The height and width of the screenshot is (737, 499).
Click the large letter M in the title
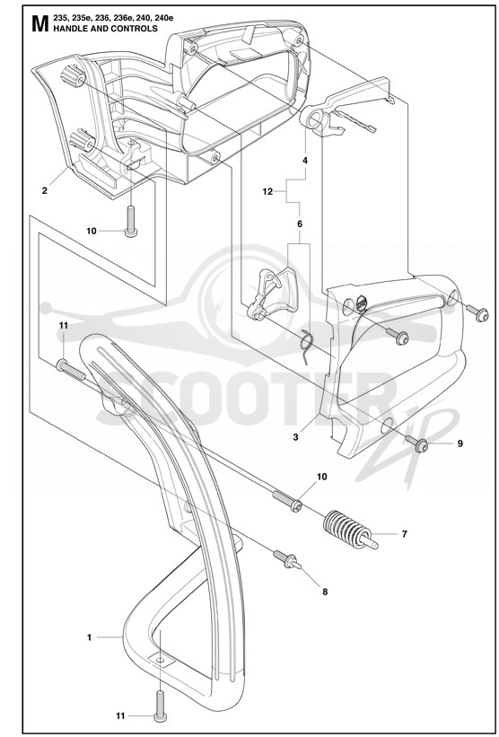point(40,24)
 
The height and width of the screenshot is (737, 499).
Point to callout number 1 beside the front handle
point(89,637)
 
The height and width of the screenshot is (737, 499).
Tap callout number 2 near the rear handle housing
point(45,190)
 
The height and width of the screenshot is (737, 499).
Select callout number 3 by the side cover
point(295,437)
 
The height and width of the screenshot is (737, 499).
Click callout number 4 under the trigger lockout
point(305,161)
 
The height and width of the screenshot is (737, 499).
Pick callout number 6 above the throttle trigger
point(300,224)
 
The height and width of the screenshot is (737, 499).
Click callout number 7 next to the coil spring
point(404,534)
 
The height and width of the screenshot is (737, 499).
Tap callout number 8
point(325,592)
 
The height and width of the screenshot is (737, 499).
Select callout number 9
point(460,443)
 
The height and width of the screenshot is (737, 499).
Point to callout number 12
point(267,191)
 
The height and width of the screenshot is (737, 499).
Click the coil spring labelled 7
point(351,531)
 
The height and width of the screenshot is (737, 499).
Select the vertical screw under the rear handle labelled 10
point(131,222)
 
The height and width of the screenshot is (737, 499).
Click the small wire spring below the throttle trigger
point(306,346)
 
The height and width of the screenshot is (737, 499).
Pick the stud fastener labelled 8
point(287,559)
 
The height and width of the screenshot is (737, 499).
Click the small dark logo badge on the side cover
point(363,303)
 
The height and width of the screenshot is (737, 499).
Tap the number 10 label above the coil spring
point(321,477)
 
